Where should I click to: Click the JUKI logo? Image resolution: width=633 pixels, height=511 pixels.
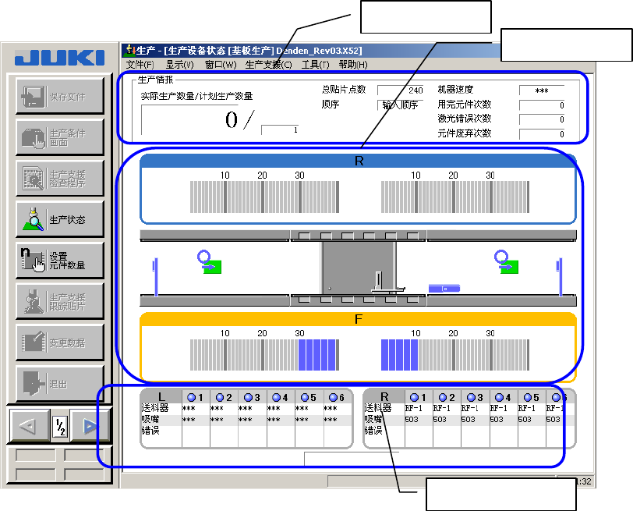[x=59, y=58]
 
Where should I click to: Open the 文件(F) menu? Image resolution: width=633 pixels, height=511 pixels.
[x=140, y=65]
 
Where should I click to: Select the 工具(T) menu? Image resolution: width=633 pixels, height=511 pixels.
[x=316, y=65]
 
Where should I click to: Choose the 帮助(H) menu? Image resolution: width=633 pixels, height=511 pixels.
[x=353, y=65]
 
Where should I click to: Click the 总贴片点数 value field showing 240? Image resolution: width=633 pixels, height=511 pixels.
[x=401, y=90]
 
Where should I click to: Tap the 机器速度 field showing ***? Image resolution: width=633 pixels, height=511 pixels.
[x=542, y=90]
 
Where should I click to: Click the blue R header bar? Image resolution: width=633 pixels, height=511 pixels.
[x=359, y=161]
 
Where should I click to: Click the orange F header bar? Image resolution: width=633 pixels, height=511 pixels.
[x=359, y=319]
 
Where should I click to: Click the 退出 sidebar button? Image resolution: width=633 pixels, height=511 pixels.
[x=59, y=385]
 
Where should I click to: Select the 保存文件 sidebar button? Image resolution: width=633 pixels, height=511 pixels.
[x=59, y=96]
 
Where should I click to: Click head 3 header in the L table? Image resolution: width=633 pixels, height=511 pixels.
[x=252, y=397]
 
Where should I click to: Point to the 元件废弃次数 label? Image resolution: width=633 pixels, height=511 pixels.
[x=465, y=133]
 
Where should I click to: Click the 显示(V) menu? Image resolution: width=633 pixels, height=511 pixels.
[x=179, y=65]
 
